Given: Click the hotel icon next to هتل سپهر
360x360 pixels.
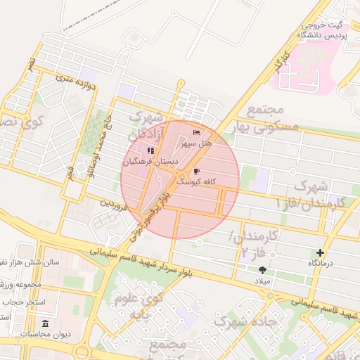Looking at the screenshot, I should coord(196,132).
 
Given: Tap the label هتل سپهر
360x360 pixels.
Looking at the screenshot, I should coord(196,143).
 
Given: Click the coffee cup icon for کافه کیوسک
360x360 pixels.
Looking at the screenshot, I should coord(196,171).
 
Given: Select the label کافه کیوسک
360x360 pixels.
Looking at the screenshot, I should coord(195,181).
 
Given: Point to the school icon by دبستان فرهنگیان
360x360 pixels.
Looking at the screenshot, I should coord(150,150).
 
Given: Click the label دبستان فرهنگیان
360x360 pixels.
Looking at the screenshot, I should coord(150,162).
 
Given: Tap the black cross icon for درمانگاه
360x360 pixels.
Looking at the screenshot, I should coord(321,252).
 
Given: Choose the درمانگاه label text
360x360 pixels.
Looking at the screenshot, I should coord(321,263).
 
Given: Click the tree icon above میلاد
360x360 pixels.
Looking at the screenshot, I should coord(262,270).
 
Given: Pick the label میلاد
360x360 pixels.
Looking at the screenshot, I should coord(262,281).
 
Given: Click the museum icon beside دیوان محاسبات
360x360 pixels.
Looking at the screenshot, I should coord(46,323).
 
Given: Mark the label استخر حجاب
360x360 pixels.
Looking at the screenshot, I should coord(24,302).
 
